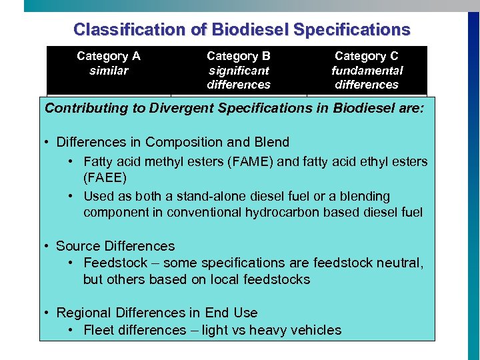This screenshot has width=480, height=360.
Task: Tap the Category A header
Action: click(x=109, y=56)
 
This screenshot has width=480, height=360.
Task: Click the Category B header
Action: click(x=238, y=56)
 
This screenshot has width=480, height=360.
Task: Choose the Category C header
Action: click(x=366, y=56)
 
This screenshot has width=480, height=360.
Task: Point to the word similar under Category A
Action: click(x=109, y=70)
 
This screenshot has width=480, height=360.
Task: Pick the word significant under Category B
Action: click(x=238, y=70)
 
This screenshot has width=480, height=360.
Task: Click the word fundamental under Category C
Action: click(x=367, y=70)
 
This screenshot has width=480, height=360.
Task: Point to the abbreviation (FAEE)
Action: click(x=106, y=179)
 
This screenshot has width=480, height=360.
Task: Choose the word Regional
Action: click(x=83, y=313)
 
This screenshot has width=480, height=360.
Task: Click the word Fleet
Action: click(x=99, y=330)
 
